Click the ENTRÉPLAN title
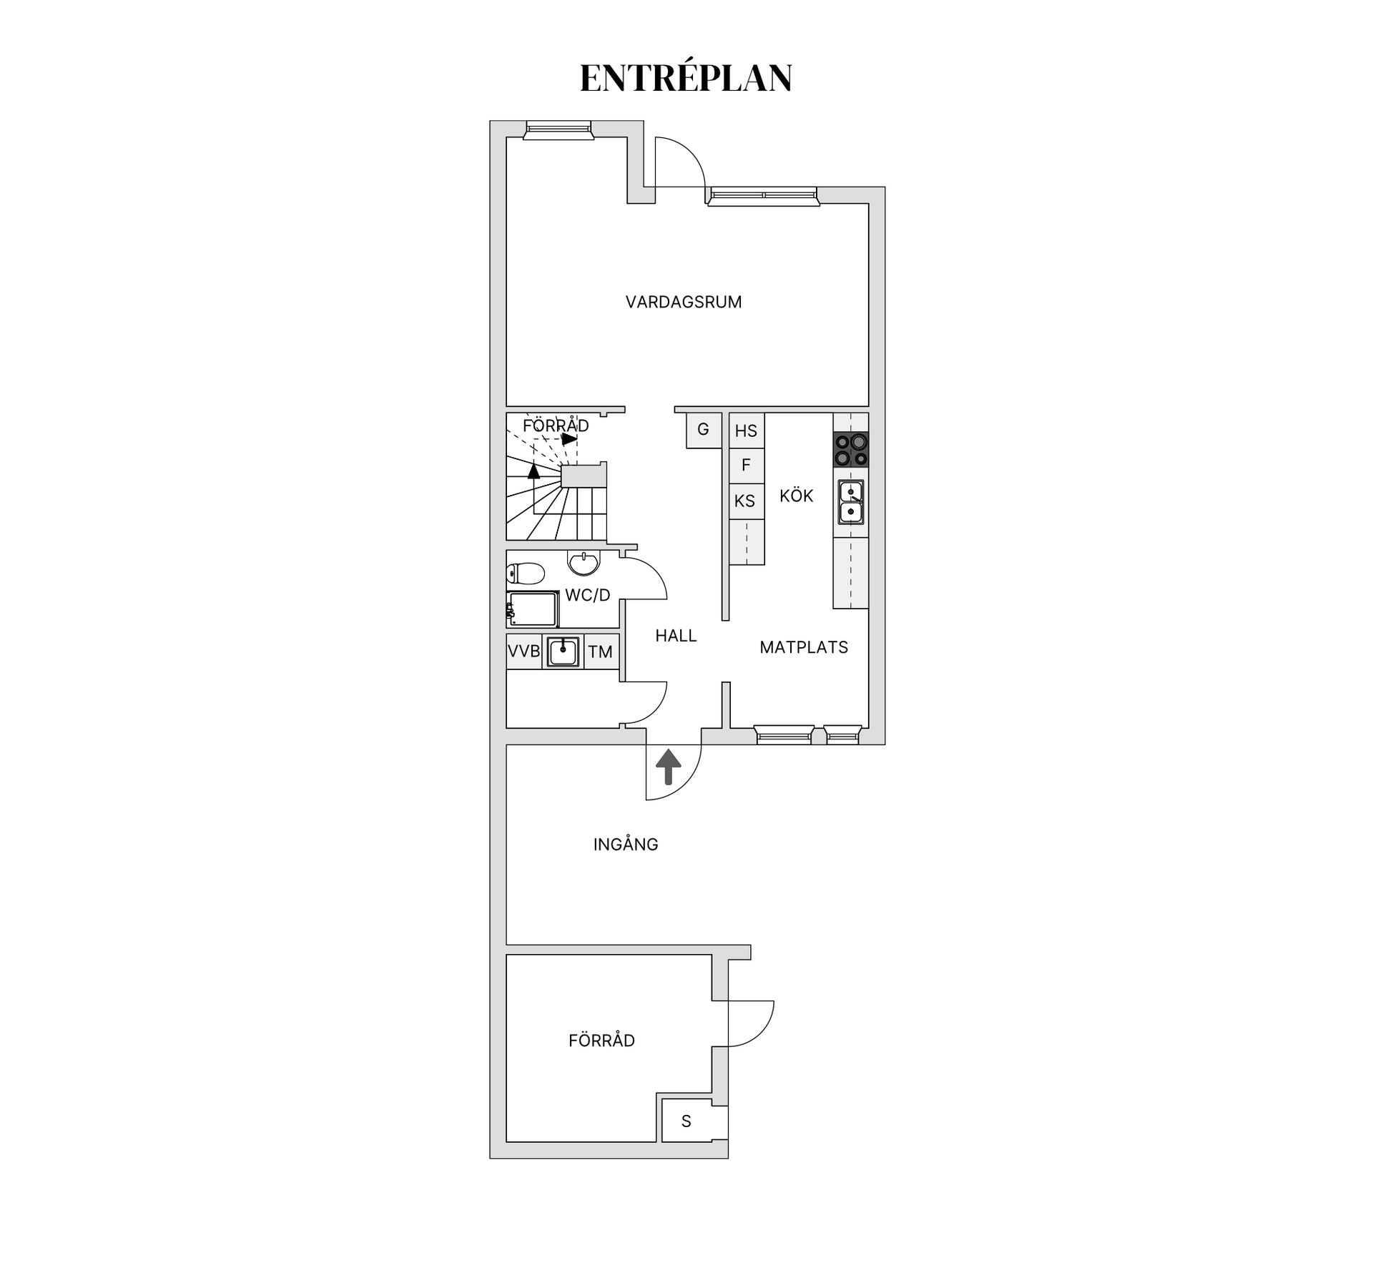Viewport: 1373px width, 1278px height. pyautogui.click(x=686, y=78)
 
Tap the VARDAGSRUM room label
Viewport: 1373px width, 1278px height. pyautogui.click(x=684, y=302)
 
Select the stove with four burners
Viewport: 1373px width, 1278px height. pyautogui.click(x=851, y=450)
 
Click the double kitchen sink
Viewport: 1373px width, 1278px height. pyautogui.click(x=851, y=502)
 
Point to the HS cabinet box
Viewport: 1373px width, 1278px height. pyautogui.click(x=746, y=431)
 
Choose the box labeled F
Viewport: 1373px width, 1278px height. pyautogui.click(x=746, y=466)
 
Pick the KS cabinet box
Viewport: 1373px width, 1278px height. pyautogui.click(x=745, y=501)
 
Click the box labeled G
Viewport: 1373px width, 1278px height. pyautogui.click(x=703, y=430)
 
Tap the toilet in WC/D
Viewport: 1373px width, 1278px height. pyautogui.click(x=525, y=573)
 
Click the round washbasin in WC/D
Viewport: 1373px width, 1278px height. pyautogui.click(x=584, y=562)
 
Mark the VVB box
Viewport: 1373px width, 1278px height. pyautogui.click(x=524, y=652)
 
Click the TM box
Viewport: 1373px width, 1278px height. pyautogui.click(x=601, y=652)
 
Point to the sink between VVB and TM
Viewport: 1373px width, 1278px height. pyautogui.click(x=564, y=652)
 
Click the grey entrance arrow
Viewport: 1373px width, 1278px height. pyautogui.click(x=668, y=767)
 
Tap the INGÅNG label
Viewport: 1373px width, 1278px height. pyautogui.click(x=626, y=845)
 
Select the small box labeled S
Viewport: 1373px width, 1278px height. pyautogui.click(x=686, y=1121)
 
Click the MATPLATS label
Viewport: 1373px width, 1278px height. pyautogui.click(x=804, y=647)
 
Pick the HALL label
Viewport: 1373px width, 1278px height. pyautogui.click(x=676, y=636)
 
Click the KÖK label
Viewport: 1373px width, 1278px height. pyautogui.click(x=796, y=496)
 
